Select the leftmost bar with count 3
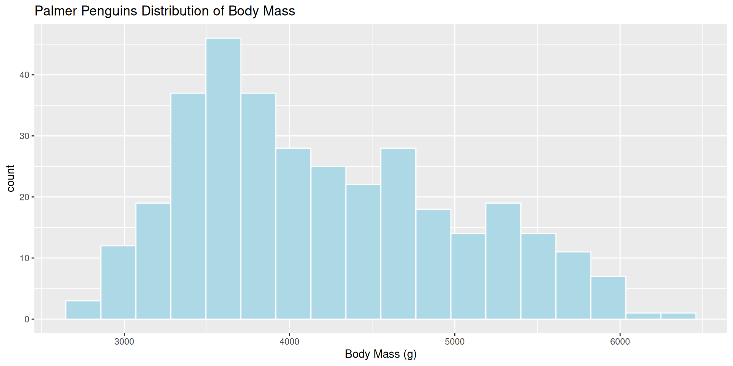tap(83, 310)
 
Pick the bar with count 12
tap(118, 283)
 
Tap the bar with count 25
tap(328, 242)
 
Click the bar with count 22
tap(363, 252)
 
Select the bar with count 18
tap(433, 264)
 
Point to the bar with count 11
tap(573, 285)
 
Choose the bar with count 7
tap(608, 297)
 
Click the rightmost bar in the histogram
tap(678, 316)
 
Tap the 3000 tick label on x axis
tap(124, 342)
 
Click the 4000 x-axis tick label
tap(289, 342)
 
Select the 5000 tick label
tap(455, 342)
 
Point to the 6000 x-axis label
tap(620, 342)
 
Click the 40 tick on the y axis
tap(24, 75)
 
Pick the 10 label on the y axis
tap(24, 258)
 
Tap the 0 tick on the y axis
tap(27, 319)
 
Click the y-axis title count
tap(10, 178)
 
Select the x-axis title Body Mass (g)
tap(381, 354)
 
